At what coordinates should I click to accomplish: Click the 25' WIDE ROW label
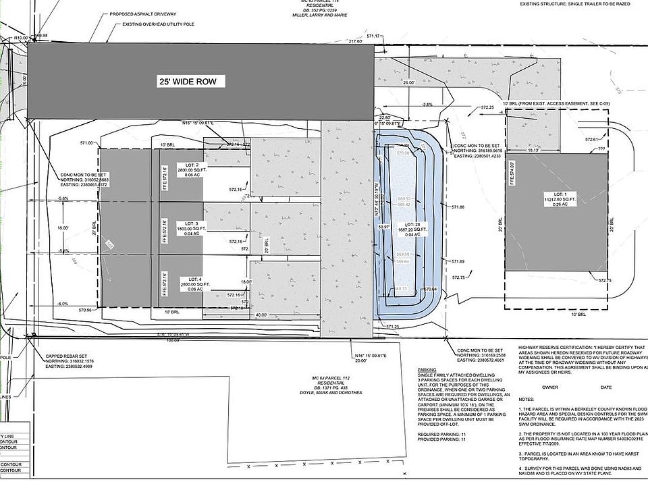pos(188,82)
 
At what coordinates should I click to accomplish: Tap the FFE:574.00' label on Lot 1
pos(512,173)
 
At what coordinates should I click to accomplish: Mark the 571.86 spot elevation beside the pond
pos(458,207)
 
